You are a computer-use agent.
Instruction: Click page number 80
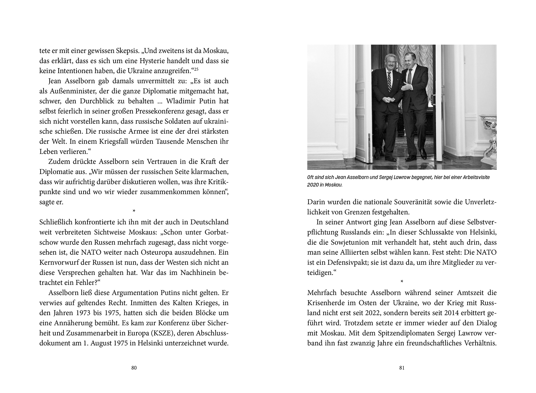click(x=134, y=368)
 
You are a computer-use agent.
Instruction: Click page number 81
click(x=402, y=368)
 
